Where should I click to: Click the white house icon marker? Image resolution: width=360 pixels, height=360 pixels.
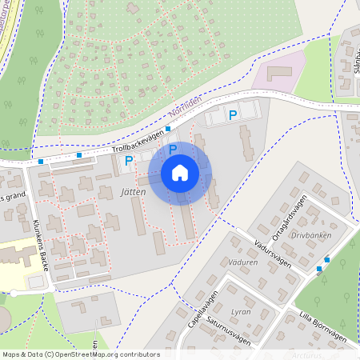180,172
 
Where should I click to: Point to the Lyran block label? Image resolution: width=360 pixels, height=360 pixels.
240,310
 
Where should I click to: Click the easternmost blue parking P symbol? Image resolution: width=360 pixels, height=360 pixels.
233,116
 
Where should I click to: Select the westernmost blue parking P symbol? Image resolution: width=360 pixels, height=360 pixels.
128,161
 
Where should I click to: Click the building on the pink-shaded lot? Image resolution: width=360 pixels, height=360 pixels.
279,74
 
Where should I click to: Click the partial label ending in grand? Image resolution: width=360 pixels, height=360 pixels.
13,198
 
